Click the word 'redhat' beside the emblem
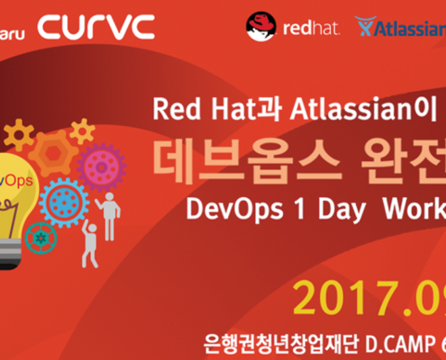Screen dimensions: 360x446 (310, 27)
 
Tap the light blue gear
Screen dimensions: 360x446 (63, 200)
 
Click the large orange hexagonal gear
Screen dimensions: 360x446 (54, 153)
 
